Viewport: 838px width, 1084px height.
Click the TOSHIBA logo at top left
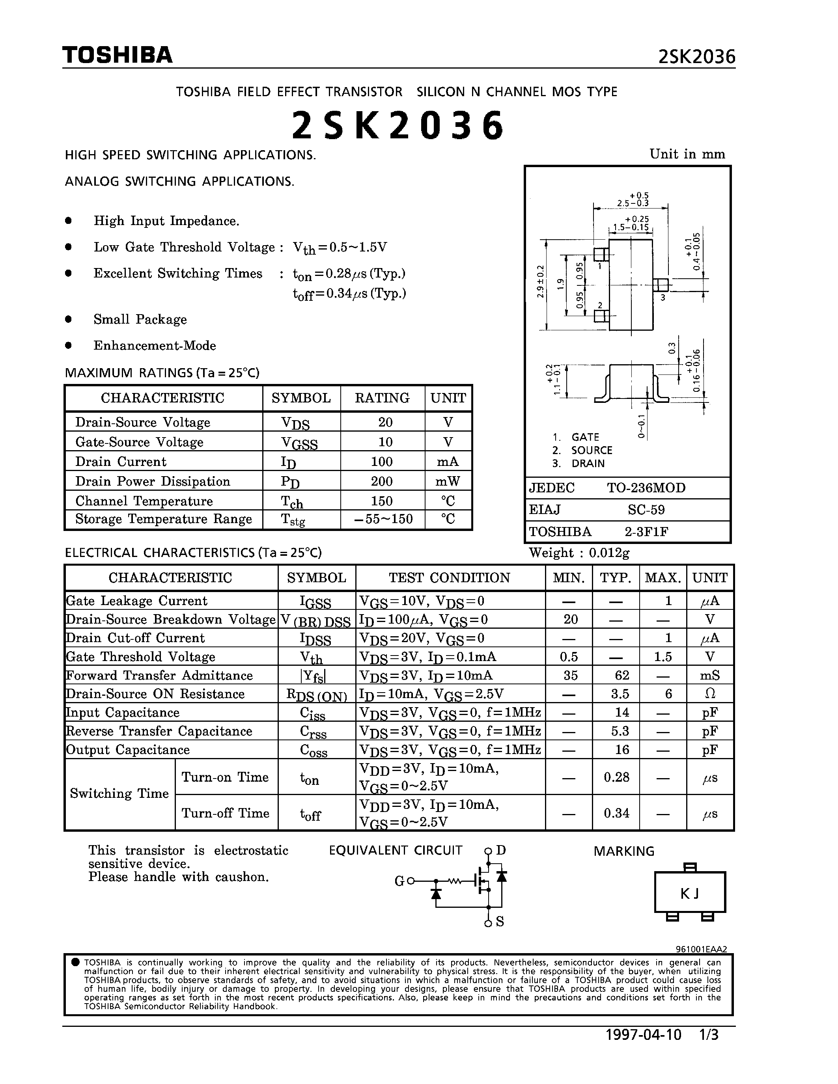click(117, 55)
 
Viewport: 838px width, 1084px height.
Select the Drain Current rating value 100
click(382, 462)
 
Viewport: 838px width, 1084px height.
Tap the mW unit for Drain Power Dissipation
click(448, 481)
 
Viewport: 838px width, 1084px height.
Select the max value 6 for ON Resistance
click(668, 693)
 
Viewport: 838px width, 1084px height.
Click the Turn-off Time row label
click(226, 813)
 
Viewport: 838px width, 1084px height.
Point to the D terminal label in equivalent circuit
click(501, 850)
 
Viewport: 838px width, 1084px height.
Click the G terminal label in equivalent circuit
click(399, 881)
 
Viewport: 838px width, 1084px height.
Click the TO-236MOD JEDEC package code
click(646, 488)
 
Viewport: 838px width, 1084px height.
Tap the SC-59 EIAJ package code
click(646, 510)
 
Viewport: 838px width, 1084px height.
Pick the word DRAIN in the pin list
click(588, 464)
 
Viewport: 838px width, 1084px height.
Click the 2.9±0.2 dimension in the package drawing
click(541, 281)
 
